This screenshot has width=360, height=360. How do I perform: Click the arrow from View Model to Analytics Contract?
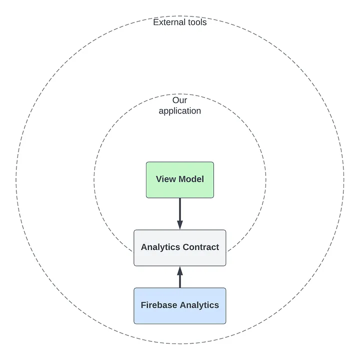pos(180,212)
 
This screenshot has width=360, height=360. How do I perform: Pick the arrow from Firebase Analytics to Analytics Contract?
pos(180,278)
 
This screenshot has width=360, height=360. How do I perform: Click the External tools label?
pos(180,22)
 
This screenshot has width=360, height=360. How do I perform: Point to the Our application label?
pos(180,105)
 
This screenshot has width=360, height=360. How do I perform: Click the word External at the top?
pos(168,22)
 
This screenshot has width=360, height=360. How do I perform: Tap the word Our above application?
pos(180,100)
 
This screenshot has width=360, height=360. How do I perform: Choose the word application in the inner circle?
pos(180,111)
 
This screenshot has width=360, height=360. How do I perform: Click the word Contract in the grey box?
pos(201,247)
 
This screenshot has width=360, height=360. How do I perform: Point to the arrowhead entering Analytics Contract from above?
pos(180,224)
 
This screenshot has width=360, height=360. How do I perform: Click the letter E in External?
pos(156,22)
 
